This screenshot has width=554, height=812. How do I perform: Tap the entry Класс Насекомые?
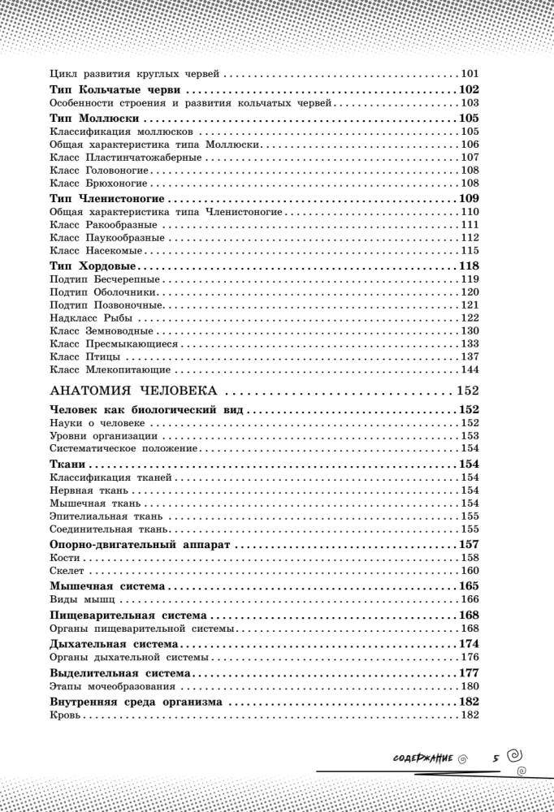97,251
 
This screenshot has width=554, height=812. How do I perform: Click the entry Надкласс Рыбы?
91,317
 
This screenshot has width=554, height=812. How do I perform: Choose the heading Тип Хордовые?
91,266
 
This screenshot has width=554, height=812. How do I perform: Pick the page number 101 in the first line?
470,73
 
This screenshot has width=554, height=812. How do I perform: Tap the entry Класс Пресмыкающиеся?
114,343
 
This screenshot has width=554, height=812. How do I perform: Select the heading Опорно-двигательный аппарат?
141,545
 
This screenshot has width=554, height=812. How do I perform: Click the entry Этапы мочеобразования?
108,687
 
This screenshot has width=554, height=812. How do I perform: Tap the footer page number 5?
495,757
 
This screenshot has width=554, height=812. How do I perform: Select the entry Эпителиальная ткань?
106,516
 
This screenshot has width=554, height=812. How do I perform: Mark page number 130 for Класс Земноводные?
470,330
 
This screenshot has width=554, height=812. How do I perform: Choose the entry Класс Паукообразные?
107,238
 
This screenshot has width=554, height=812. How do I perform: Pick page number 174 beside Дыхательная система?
469,644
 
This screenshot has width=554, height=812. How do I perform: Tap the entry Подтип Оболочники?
103,292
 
